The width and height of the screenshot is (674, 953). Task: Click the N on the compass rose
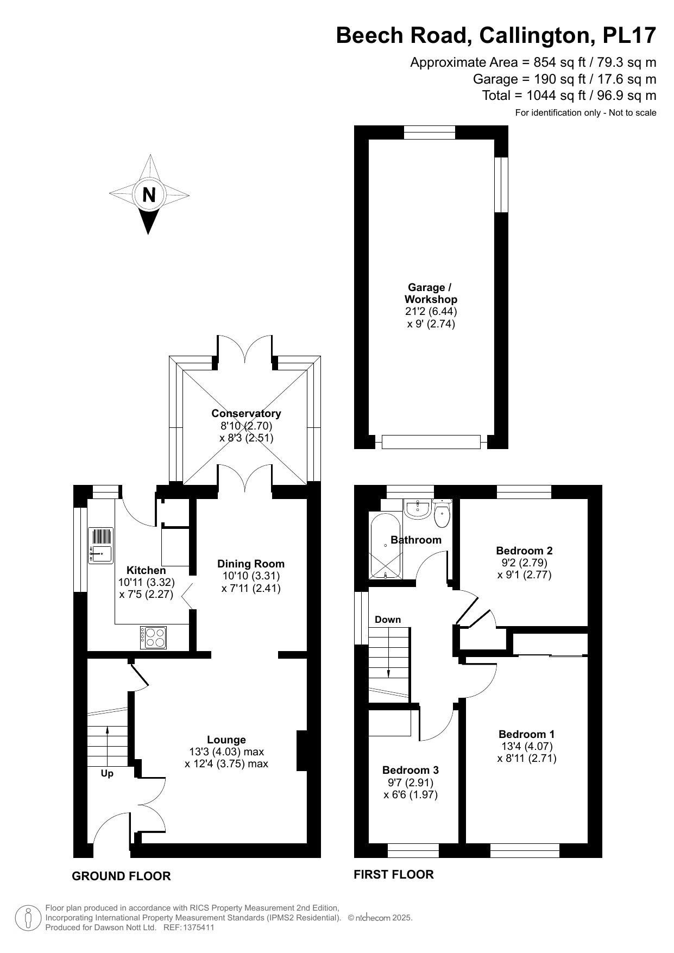149,194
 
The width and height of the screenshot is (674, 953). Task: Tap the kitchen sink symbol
100,545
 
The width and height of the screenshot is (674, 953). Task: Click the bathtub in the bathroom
385,545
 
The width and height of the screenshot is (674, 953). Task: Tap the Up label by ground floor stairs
107,773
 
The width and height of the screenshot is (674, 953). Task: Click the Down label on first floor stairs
388,620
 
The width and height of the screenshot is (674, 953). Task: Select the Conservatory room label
246,413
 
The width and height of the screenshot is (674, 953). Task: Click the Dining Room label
251,564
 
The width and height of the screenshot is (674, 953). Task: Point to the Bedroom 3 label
410,770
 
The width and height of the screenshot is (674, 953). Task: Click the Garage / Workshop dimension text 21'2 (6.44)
431,312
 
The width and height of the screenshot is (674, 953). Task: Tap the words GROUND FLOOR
121,876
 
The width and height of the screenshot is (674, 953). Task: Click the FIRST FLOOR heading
393,874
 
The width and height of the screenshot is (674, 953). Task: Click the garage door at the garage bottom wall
431,442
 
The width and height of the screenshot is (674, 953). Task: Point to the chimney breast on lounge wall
302,751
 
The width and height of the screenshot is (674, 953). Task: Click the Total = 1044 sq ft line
569,96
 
